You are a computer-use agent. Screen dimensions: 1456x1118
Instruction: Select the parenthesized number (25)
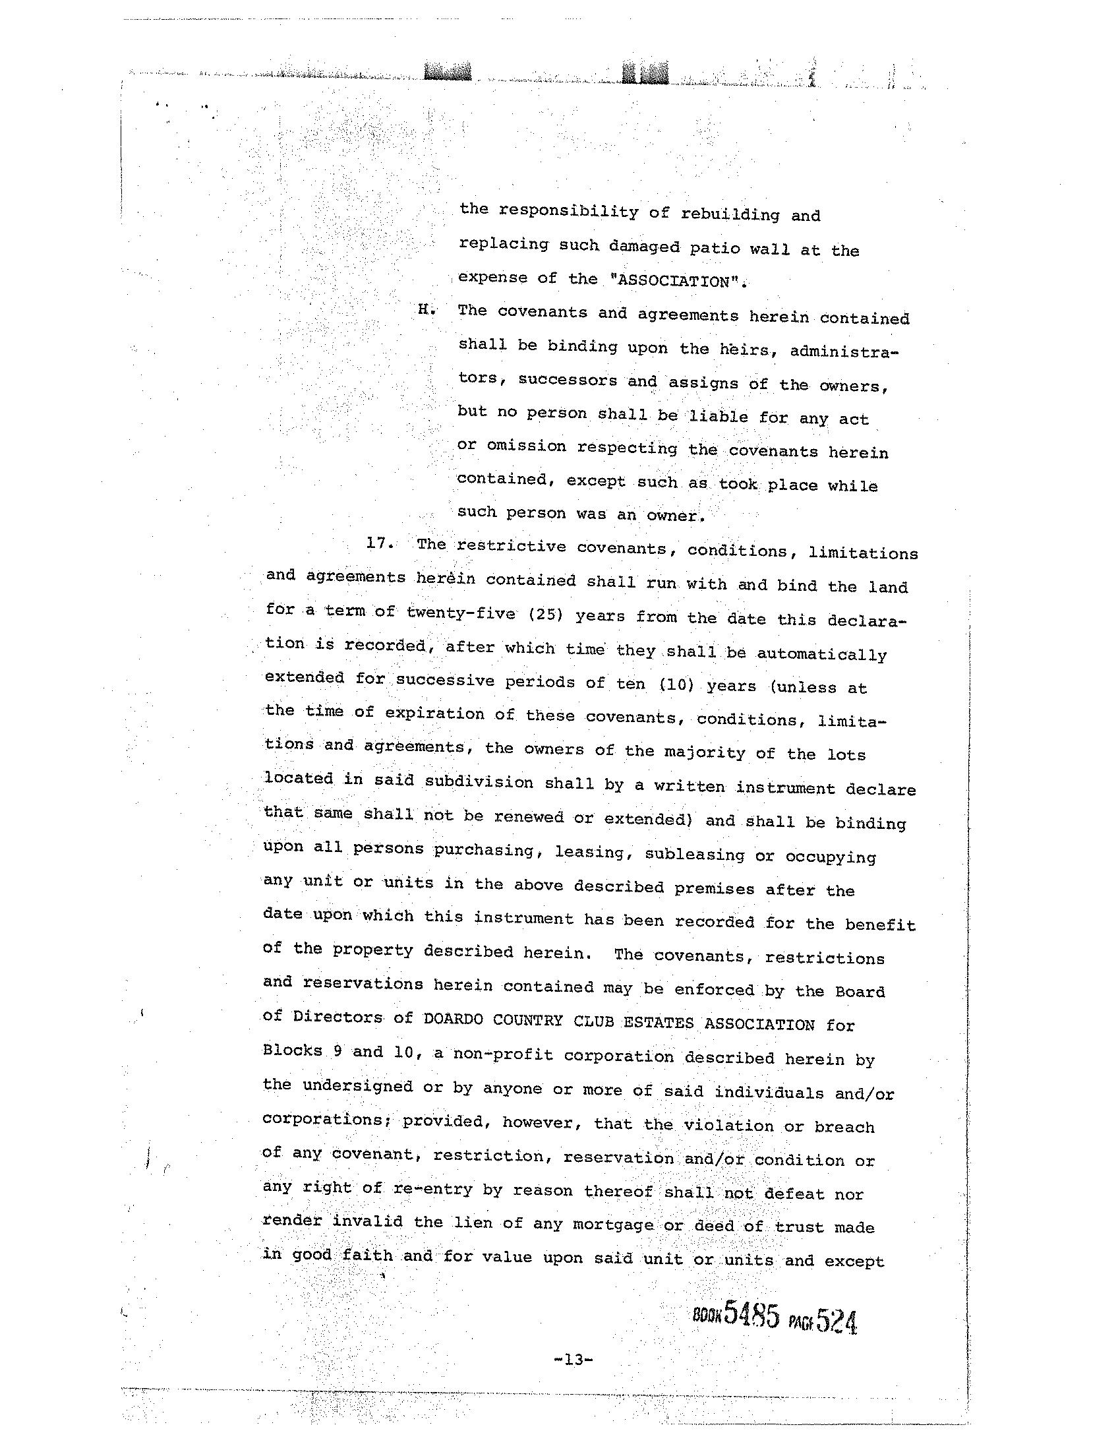click(x=545, y=615)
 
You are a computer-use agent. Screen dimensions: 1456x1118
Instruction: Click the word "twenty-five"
click(x=461, y=613)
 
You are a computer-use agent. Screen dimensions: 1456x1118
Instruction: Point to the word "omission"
click(x=526, y=446)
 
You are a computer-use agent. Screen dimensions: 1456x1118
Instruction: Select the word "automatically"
click(x=821, y=654)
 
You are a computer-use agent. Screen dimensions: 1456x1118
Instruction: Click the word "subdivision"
click(x=479, y=781)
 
